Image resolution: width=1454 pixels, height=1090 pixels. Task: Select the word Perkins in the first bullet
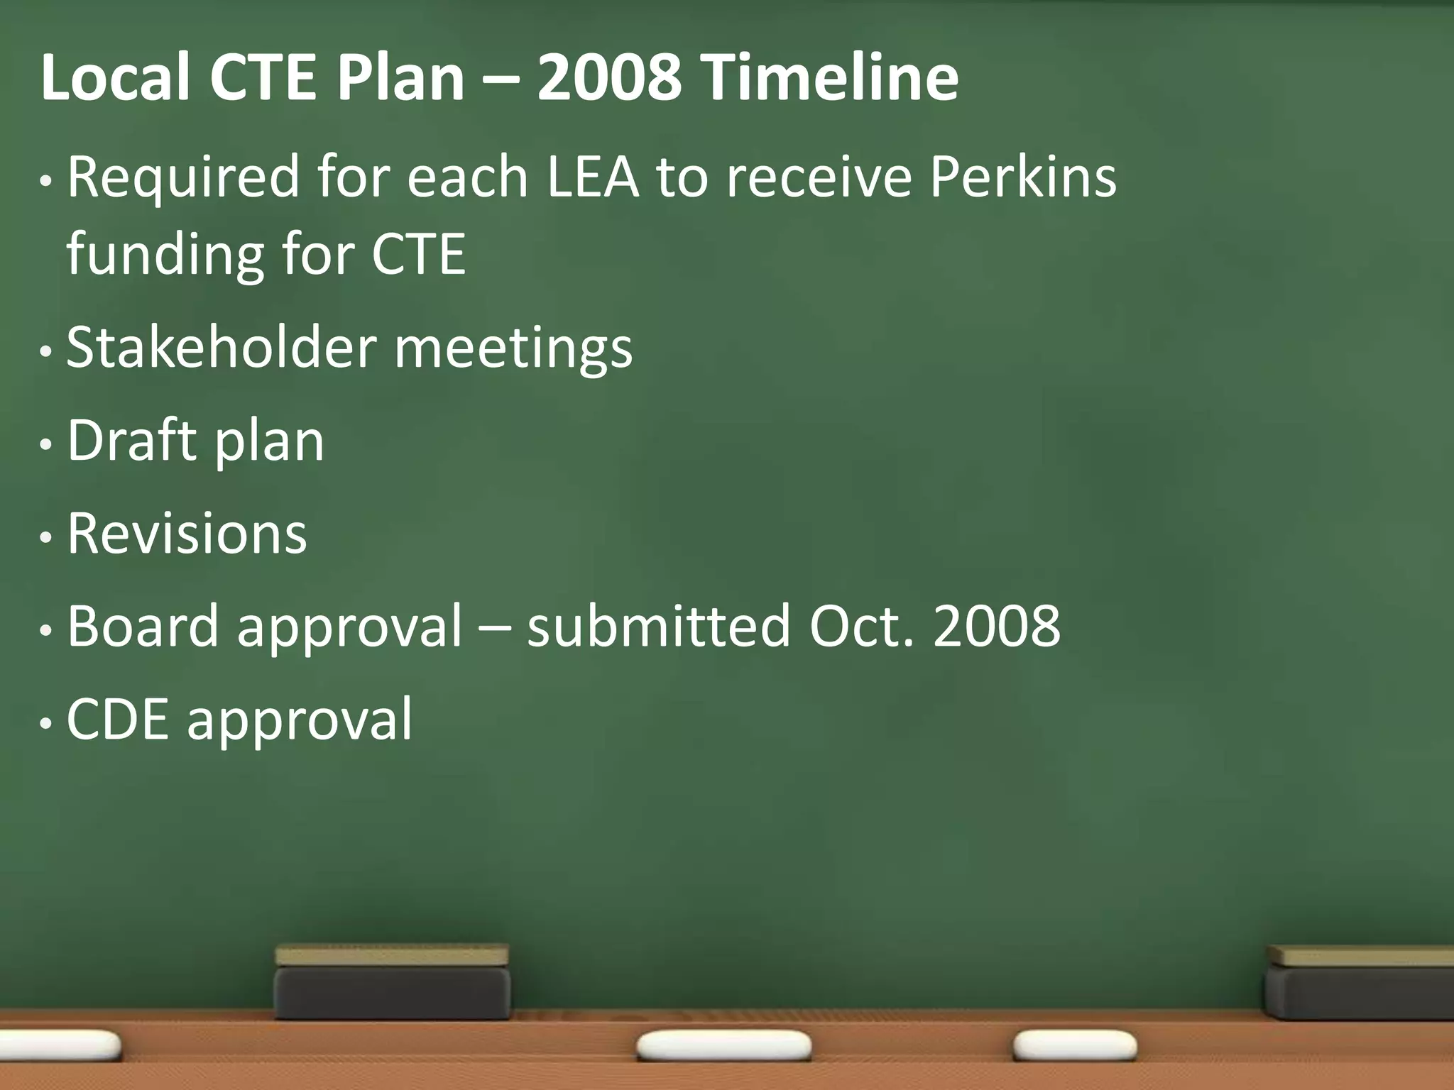click(x=1023, y=177)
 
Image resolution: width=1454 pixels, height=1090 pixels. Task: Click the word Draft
click(x=132, y=441)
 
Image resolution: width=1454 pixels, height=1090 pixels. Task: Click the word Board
click(x=143, y=626)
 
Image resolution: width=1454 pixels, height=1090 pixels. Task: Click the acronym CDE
click(x=118, y=719)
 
